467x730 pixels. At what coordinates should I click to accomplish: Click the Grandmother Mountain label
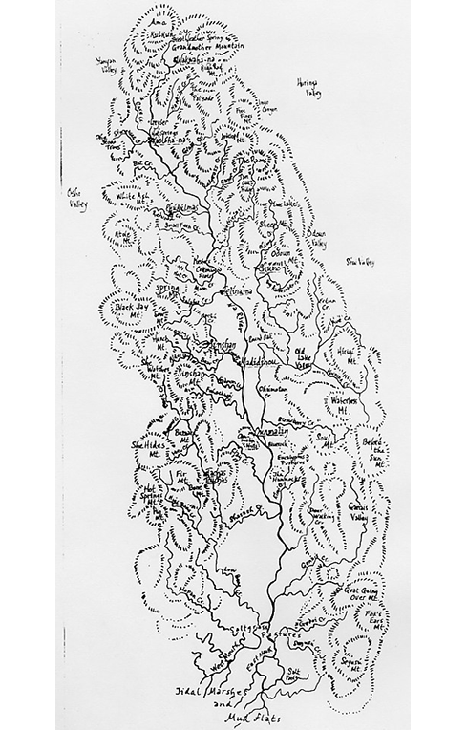pyautogui.click(x=203, y=45)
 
